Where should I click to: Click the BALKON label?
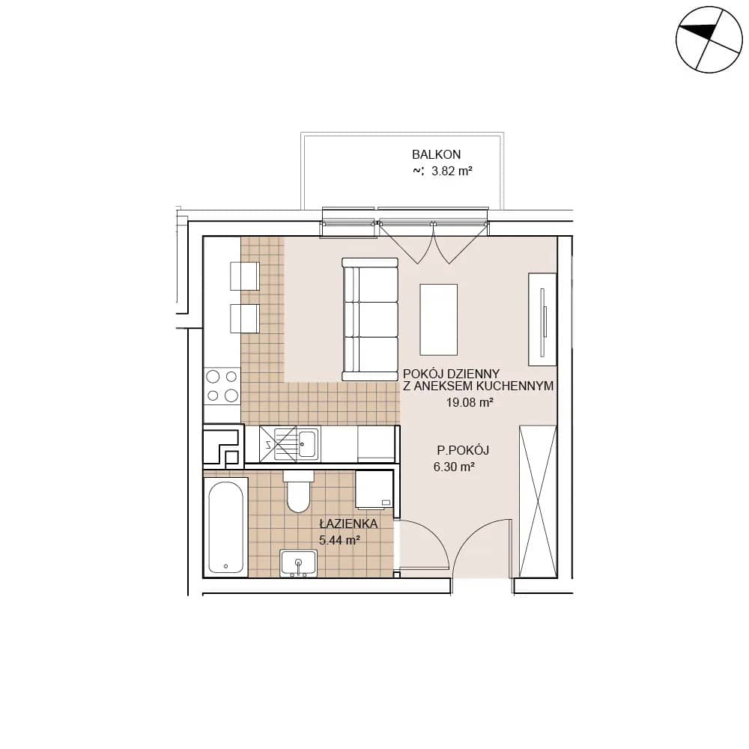[x=436, y=155]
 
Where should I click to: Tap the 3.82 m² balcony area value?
[x=452, y=171]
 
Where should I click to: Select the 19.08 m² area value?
[x=470, y=402]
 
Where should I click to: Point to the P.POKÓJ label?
[x=463, y=450]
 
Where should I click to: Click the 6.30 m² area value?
[x=454, y=467]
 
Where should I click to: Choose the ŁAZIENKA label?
[x=349, y=524]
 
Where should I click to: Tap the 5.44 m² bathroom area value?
[x=339, y=540]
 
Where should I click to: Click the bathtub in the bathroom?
[x=226, y=527]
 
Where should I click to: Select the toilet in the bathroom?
[x=298, y=491]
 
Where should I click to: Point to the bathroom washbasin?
[x=299, y=564]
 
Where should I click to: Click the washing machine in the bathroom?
[x=374, y=489]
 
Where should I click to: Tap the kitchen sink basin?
[x=308, y=443]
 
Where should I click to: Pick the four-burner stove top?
[x=222, y=386]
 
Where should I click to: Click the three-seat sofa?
[x=370, y=319]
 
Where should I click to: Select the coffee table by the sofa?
[x=438, y=320]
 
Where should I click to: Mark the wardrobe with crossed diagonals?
[x=538, y=502]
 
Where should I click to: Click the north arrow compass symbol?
[x=709, y=40]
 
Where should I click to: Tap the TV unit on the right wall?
[x=542, y=320]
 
